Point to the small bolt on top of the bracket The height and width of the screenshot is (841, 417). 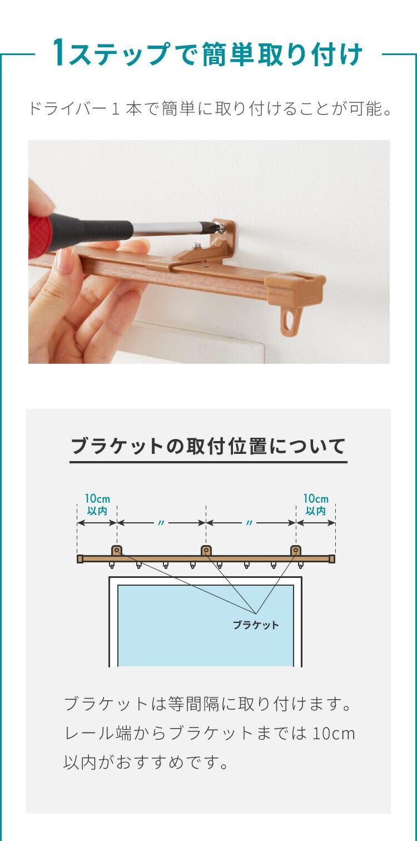(198, 246)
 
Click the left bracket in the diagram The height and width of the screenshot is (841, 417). (117, 551)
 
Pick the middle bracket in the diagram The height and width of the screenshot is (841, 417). (206, 551)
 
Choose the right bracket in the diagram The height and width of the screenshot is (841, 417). (296, 551)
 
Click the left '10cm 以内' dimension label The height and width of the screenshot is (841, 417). (97, 504)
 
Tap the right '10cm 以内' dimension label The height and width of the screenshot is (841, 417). (316, 504)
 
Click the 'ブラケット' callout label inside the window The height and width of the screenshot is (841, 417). (256, 625)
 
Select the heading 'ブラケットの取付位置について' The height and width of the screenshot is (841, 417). (209, 446)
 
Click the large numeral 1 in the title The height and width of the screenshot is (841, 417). (58, 52)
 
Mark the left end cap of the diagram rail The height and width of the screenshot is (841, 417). (80, 559)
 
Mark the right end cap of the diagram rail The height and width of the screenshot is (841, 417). (332, 559)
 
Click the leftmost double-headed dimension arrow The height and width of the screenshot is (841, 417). (97, 523)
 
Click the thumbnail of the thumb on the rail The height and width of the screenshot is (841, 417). (66, 262)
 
